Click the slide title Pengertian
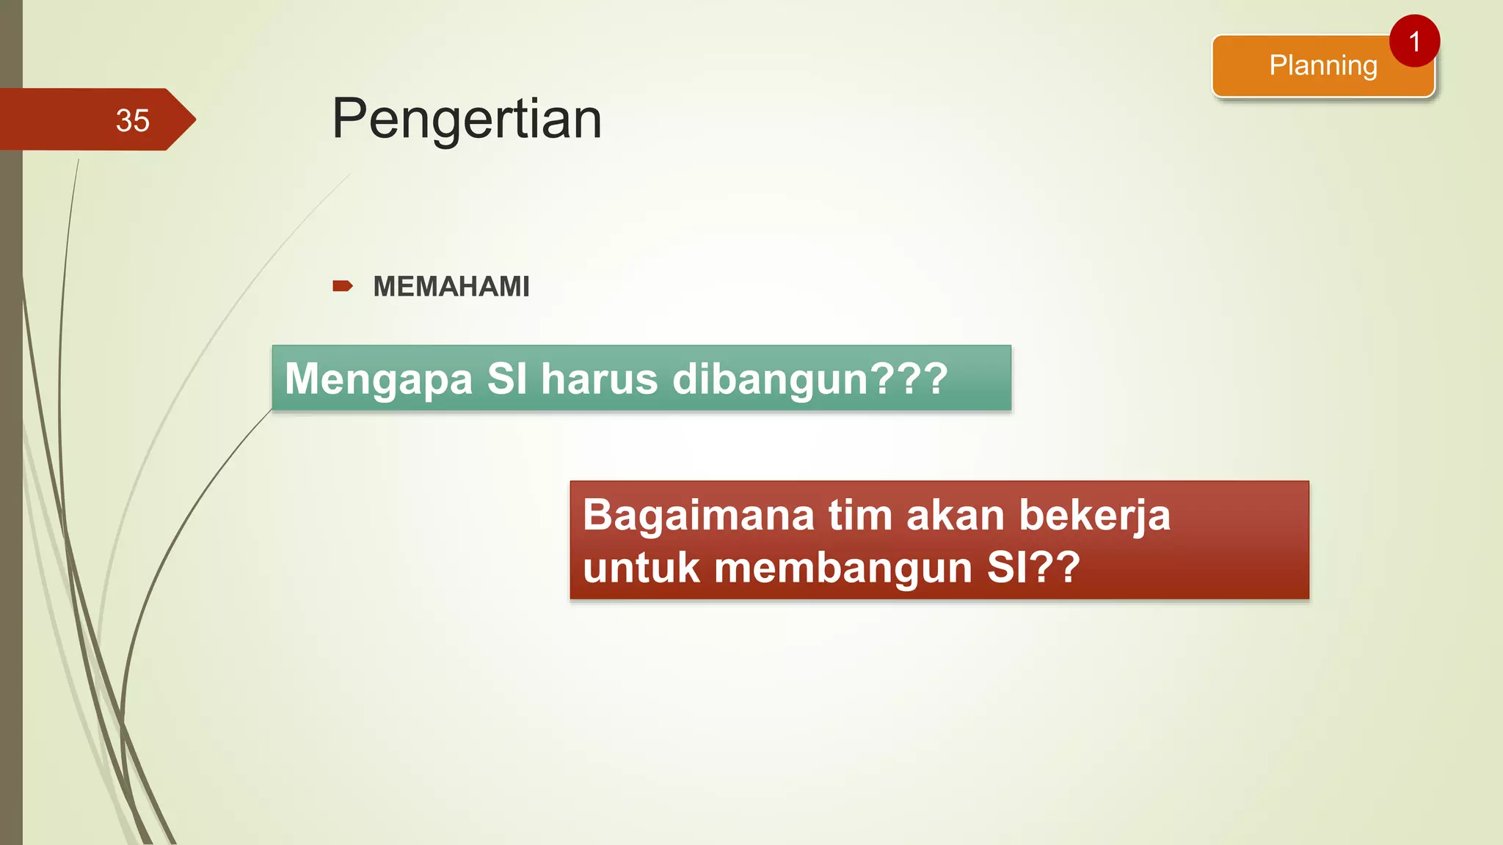467,119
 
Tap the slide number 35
132,120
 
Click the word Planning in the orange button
1322,66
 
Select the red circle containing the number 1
1414,41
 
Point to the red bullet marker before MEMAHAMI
342,286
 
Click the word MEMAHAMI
451,287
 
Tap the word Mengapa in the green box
379,380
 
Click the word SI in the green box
506,379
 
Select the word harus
600,379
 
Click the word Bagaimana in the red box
698,515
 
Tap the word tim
859,515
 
